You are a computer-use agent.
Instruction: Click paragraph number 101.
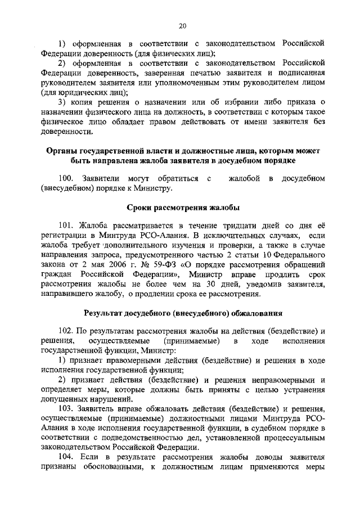pos(66,225)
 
